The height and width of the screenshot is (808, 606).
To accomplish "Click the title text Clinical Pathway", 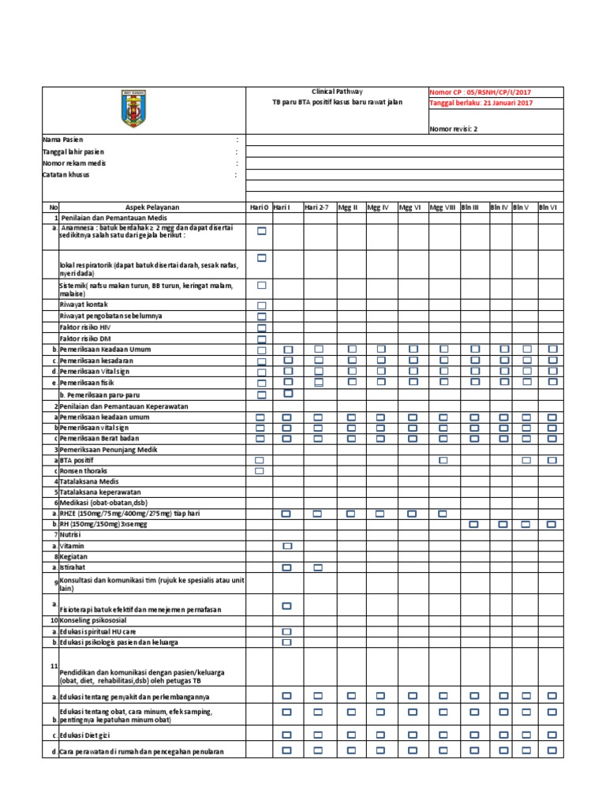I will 338,92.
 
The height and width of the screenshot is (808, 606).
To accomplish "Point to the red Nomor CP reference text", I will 481,92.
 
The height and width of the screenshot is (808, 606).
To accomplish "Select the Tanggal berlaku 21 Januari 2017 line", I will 481,103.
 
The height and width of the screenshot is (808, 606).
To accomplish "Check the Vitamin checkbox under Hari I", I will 287,546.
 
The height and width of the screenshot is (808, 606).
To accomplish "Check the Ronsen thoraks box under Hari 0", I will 260,470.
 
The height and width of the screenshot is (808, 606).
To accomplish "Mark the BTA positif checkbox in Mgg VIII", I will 443,459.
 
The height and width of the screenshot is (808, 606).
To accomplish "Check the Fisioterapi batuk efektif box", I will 287,606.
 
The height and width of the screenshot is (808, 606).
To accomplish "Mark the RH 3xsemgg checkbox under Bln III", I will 474,524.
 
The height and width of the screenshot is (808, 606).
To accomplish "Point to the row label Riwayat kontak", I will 83,305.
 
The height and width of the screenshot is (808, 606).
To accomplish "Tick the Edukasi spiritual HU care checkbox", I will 287,632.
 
